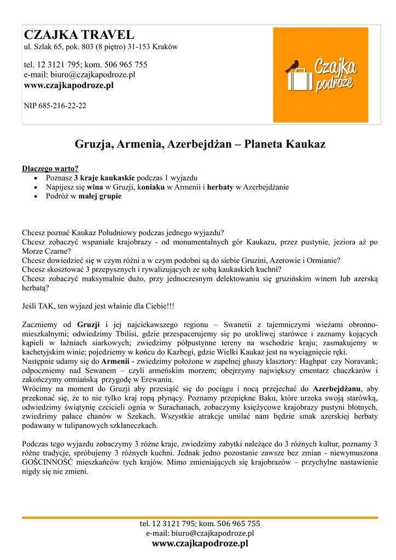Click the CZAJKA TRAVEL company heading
pos(79,35)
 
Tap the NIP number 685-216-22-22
pos(55,106)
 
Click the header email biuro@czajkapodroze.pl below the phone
pos(79,75)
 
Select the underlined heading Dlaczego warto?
pos(50,168)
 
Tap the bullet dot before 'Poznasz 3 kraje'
pos(36,178)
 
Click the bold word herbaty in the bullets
pos(220,187)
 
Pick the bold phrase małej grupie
pos(100,196)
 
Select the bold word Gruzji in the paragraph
pos(89,324)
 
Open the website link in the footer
pos(200,544)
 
